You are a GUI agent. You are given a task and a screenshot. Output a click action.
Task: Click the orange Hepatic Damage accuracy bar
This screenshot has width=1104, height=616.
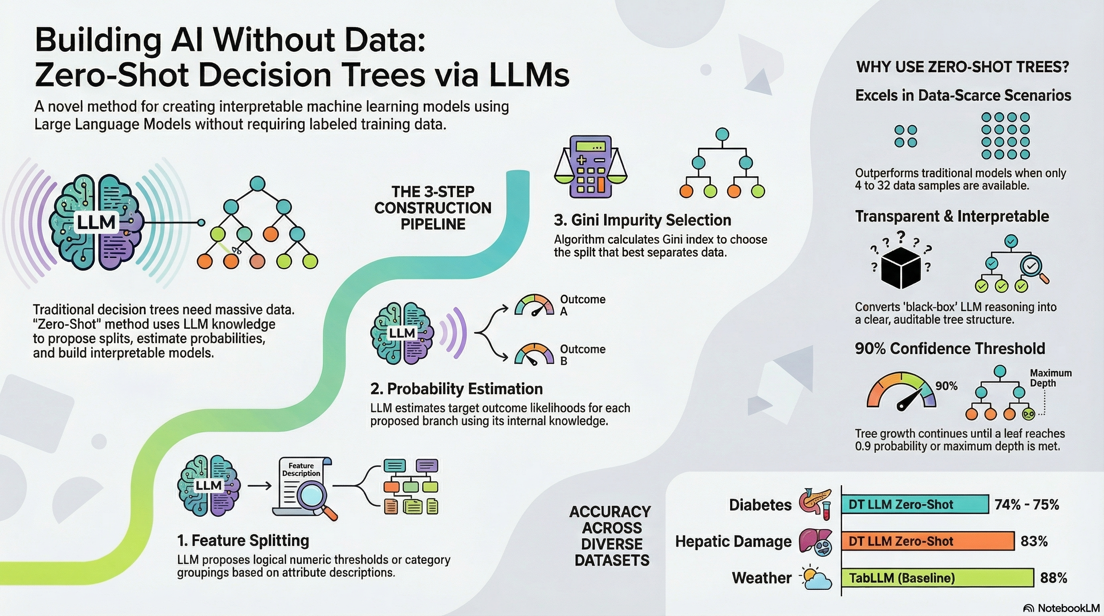click(x=927, y=541)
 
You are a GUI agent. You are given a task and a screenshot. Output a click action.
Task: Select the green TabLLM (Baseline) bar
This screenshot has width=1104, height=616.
click(x=937, y=578)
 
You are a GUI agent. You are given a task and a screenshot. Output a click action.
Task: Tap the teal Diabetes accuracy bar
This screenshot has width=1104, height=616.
click(x=915, y=504)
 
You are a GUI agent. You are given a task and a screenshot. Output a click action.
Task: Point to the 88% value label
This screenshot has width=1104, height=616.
click(x=1053, y=578)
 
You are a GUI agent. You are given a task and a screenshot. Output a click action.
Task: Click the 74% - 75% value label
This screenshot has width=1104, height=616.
click(x=1027, y=504)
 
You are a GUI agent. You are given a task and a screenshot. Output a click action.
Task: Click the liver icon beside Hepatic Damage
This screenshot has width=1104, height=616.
click(x=816, y=542)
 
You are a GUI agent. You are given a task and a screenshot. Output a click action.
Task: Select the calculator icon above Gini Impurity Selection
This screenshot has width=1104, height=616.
click(x=590, y=167)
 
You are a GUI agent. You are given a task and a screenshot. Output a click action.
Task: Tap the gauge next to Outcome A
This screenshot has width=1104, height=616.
click(x=534, y=306)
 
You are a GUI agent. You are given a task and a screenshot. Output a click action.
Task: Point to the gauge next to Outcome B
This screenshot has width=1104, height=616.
click(x=534, y=355)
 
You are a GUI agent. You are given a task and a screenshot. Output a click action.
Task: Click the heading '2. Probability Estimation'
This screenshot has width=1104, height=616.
click(x=457, y=389)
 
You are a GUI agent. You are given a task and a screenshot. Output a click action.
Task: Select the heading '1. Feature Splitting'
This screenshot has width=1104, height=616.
click(x=243, y=541)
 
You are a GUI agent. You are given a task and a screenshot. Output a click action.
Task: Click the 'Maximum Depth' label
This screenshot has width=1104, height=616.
click(x=1050, y=378)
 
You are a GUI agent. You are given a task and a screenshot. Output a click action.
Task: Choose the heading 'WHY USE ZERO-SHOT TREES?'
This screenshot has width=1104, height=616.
click(x=962, y=67)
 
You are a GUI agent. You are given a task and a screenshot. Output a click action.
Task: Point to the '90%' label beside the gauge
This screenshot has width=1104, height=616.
click(x=946, y=386)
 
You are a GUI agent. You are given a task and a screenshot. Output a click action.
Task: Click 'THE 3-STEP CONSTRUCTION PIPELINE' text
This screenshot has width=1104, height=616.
click(x=432, y=208)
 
